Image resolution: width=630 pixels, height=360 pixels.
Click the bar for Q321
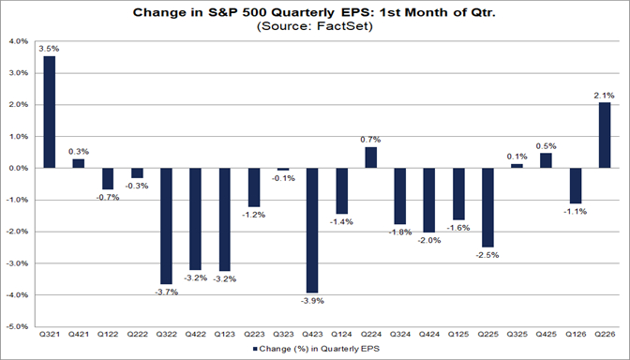(x=50, y=112)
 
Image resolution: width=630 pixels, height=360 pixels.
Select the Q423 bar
(x=312, y=231)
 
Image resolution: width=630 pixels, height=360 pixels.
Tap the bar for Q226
(x=605, y=135)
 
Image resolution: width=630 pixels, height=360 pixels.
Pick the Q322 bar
(x=166, y=226)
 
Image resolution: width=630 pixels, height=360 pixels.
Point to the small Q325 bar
(x=517, y=166)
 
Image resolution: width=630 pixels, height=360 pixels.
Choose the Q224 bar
(x=371, y=157)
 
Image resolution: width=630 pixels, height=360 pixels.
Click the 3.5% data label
(x=49, y=49)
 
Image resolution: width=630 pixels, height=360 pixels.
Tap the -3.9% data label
(x=312, y=301)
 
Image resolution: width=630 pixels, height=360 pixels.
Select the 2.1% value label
(x=605, y=96)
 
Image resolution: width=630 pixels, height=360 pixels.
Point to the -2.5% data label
(x=487, y=255)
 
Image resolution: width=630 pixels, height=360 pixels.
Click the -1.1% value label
(x=576, y=211)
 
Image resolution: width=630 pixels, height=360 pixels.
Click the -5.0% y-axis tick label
(x=18, y=326)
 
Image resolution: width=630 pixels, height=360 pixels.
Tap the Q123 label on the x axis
(x=225, y=335)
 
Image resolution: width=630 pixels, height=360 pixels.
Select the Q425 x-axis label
(x=546, y=335)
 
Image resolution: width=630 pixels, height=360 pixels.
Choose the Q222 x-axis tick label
(x=137, y=335)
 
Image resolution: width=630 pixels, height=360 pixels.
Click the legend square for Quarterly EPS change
(x=255, y=349)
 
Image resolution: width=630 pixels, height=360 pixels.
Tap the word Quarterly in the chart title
(x=302, y=12)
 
